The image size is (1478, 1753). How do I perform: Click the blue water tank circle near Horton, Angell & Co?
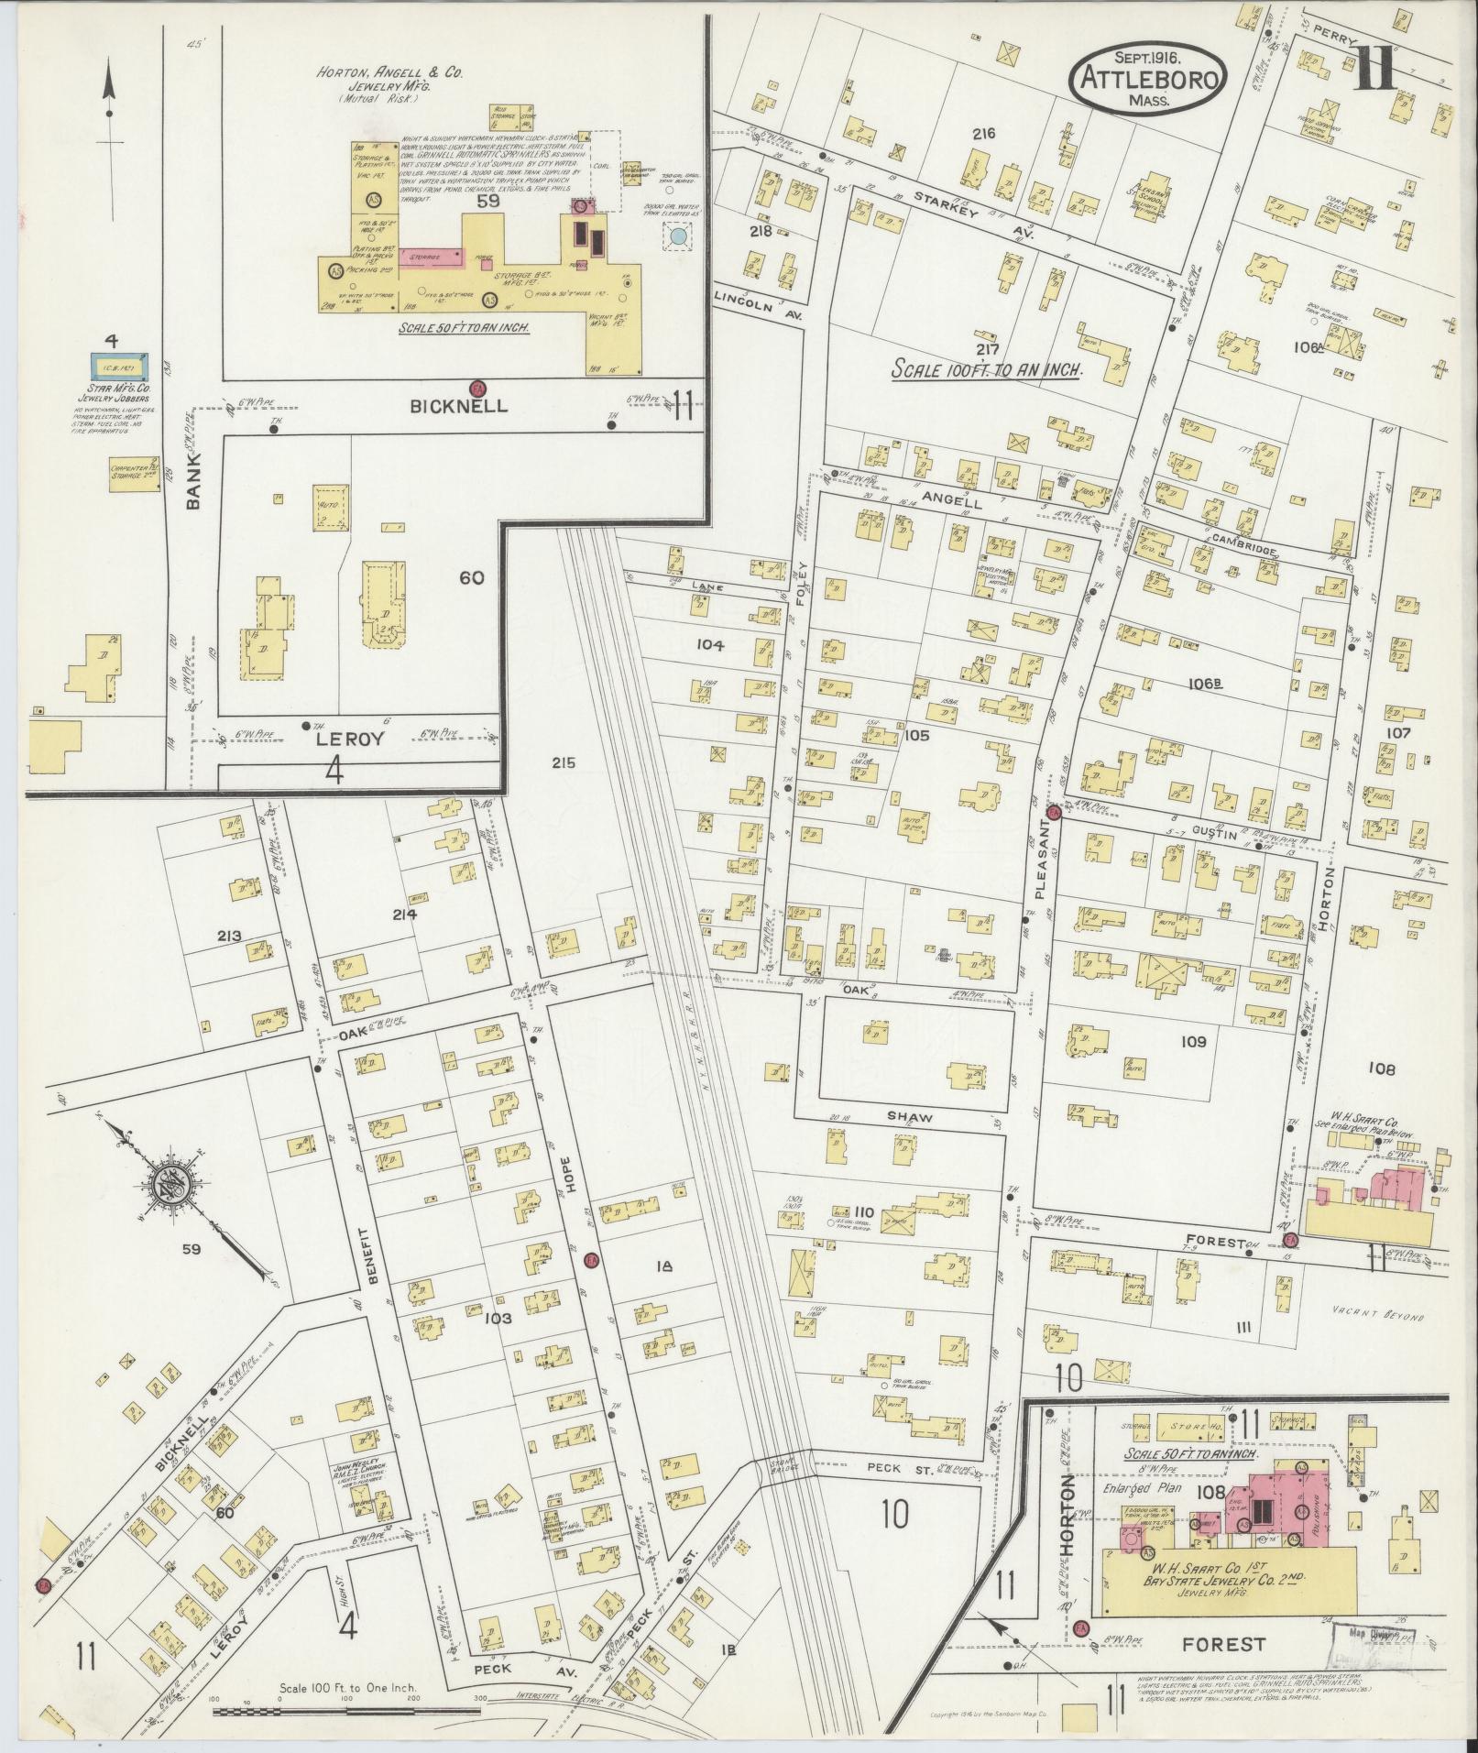click(x=678, y=236)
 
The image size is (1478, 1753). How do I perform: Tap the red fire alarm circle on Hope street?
click(x=591, y=1259)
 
